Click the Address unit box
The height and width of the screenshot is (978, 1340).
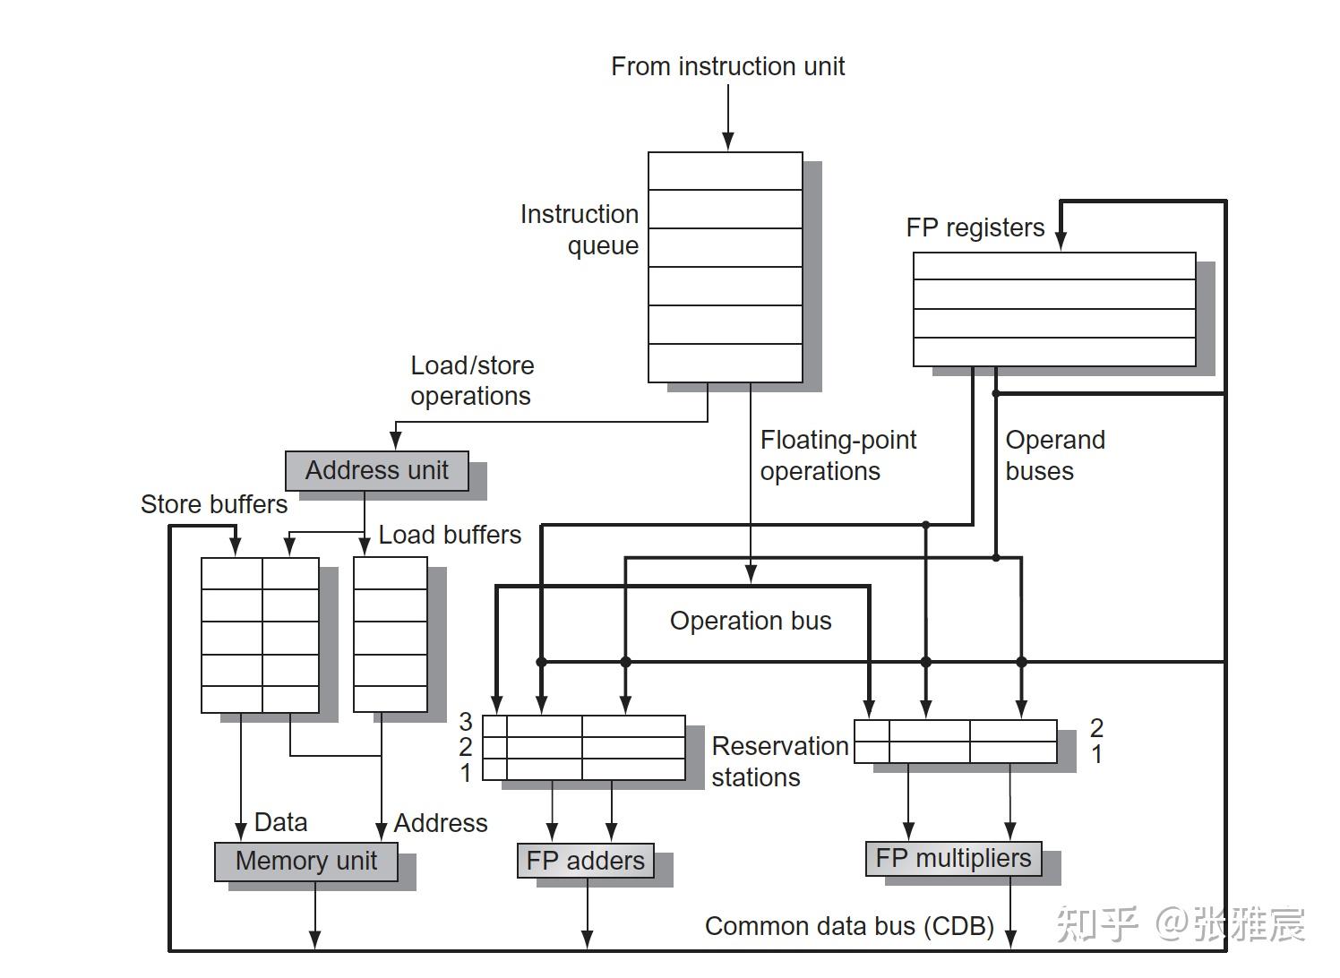[377, 471]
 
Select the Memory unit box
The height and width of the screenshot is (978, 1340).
[305, 862]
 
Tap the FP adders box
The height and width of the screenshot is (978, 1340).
[585, 861]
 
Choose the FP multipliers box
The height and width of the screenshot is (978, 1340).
[954, 858]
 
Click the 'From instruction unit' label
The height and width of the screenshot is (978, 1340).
[727, 66]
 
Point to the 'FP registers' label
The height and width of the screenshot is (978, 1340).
[975, 227]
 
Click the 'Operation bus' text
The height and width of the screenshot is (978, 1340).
[751, 621]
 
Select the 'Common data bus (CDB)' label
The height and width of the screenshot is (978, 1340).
[849, 926]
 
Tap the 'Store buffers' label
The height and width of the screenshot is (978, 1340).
[214, 504]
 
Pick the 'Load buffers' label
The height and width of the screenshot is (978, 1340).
[450, 535]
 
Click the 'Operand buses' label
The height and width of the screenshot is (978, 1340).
[1055, 455]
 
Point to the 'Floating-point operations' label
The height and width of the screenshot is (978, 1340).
[838, 455]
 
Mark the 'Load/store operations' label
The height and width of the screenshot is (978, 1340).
[472, 381]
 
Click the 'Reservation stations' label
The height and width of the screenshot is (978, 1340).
[780, 761]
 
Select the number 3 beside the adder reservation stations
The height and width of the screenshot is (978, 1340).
[466, 721]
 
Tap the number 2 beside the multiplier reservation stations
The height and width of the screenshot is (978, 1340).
[1096, 728]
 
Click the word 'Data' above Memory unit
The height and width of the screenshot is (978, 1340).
[280, 822]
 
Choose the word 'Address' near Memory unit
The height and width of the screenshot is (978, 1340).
[441, 823]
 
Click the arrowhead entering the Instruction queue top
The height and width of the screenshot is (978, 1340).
[728, 142]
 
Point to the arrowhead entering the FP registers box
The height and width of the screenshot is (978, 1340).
[1061, 241]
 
